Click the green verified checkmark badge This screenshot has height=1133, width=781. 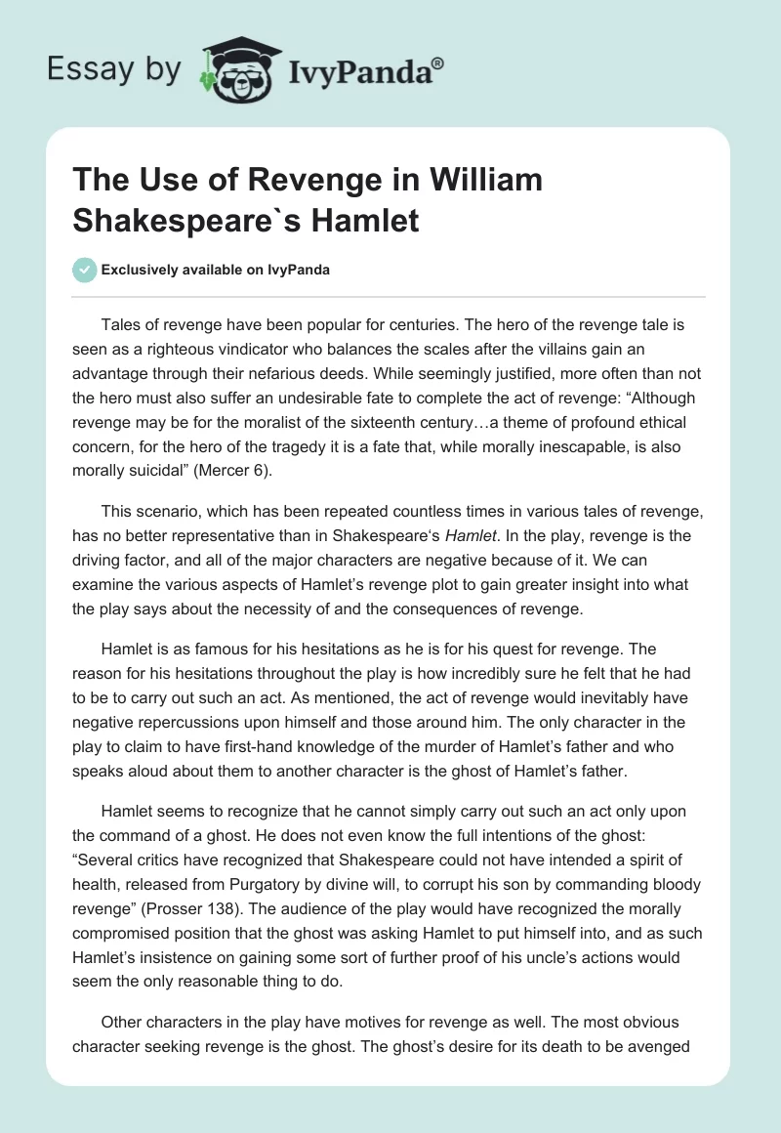coord(85,270)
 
